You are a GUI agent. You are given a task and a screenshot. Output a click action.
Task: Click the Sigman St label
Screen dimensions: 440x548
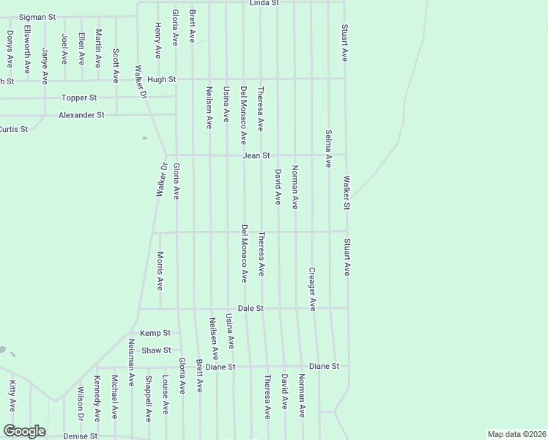[37, 16]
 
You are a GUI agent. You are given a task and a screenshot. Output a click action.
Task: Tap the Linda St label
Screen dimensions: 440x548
[264, 4]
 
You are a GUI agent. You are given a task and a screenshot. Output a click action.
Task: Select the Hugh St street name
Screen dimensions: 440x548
[162, 79]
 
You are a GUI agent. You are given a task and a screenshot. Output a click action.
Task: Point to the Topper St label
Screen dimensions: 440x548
[79, 98]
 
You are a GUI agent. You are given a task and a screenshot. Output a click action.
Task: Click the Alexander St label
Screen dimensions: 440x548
[81, 115]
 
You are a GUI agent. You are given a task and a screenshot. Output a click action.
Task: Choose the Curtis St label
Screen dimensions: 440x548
[13, 129]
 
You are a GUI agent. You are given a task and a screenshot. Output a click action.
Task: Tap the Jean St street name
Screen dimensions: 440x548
[257, 155]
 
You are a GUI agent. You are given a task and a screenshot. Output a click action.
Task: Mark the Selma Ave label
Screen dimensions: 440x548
[329, 149]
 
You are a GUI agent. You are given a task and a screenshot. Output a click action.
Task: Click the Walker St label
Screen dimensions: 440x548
[347, 191]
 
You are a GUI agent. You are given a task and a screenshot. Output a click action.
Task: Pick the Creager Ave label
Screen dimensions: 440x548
[312, 288]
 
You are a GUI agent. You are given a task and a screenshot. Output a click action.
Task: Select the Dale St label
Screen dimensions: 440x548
[251, 309]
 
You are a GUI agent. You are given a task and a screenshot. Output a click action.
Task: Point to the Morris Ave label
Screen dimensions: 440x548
[160, 271]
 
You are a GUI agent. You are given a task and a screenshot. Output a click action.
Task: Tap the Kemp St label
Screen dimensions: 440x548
[155, 333]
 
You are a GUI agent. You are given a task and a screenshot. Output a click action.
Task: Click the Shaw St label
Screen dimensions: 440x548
[156, 351]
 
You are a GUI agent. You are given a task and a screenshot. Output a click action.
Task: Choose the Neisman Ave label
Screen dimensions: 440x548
[131, 363]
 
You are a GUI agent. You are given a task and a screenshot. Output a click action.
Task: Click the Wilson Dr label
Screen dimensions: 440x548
[80, 403]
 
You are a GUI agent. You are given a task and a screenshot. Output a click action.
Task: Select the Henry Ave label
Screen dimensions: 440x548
[158, 40]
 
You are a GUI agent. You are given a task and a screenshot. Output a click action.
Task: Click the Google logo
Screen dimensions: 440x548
[24, 431]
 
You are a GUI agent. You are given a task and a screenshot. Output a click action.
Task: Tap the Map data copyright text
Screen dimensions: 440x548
[516, 434]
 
